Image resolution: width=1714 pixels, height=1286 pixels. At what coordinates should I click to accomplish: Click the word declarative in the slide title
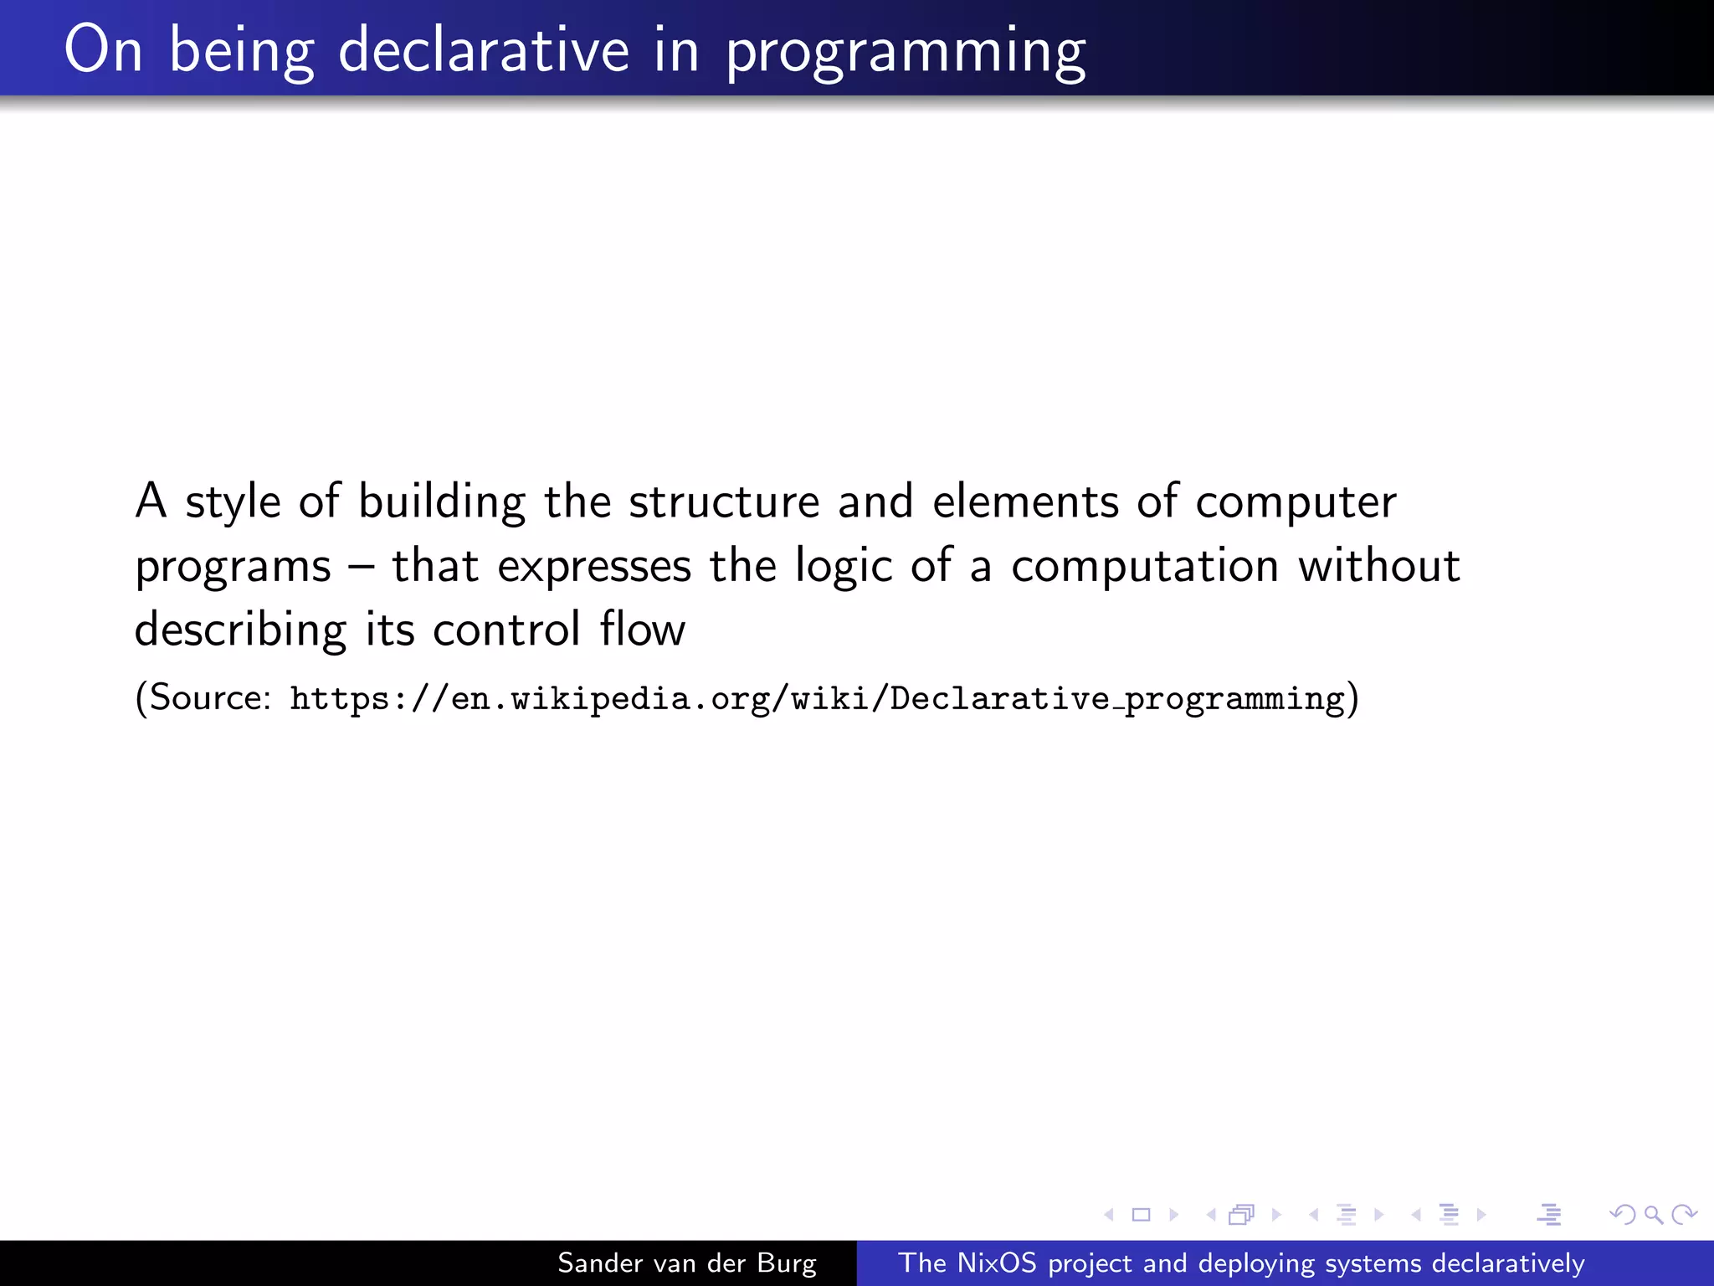483,50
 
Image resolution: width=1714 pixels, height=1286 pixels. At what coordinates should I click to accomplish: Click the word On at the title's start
104,50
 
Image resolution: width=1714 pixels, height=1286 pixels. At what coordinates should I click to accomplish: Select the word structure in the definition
724,502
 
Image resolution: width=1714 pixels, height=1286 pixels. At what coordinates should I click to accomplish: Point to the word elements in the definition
1025,502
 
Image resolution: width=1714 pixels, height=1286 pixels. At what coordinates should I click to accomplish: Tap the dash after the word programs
362,567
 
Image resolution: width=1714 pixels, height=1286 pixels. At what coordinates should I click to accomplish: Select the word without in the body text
1378,566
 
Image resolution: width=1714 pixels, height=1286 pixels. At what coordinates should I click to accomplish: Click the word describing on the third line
240,630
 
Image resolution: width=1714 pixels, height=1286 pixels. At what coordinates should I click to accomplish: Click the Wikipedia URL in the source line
817,698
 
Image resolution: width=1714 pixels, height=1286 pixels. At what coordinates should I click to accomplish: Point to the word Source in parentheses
208,697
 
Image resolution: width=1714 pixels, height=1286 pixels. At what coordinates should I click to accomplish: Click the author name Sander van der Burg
686,1263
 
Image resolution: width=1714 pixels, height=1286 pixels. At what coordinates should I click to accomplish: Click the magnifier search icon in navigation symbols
1653,1214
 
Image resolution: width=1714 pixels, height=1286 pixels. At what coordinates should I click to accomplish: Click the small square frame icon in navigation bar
1141,1214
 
